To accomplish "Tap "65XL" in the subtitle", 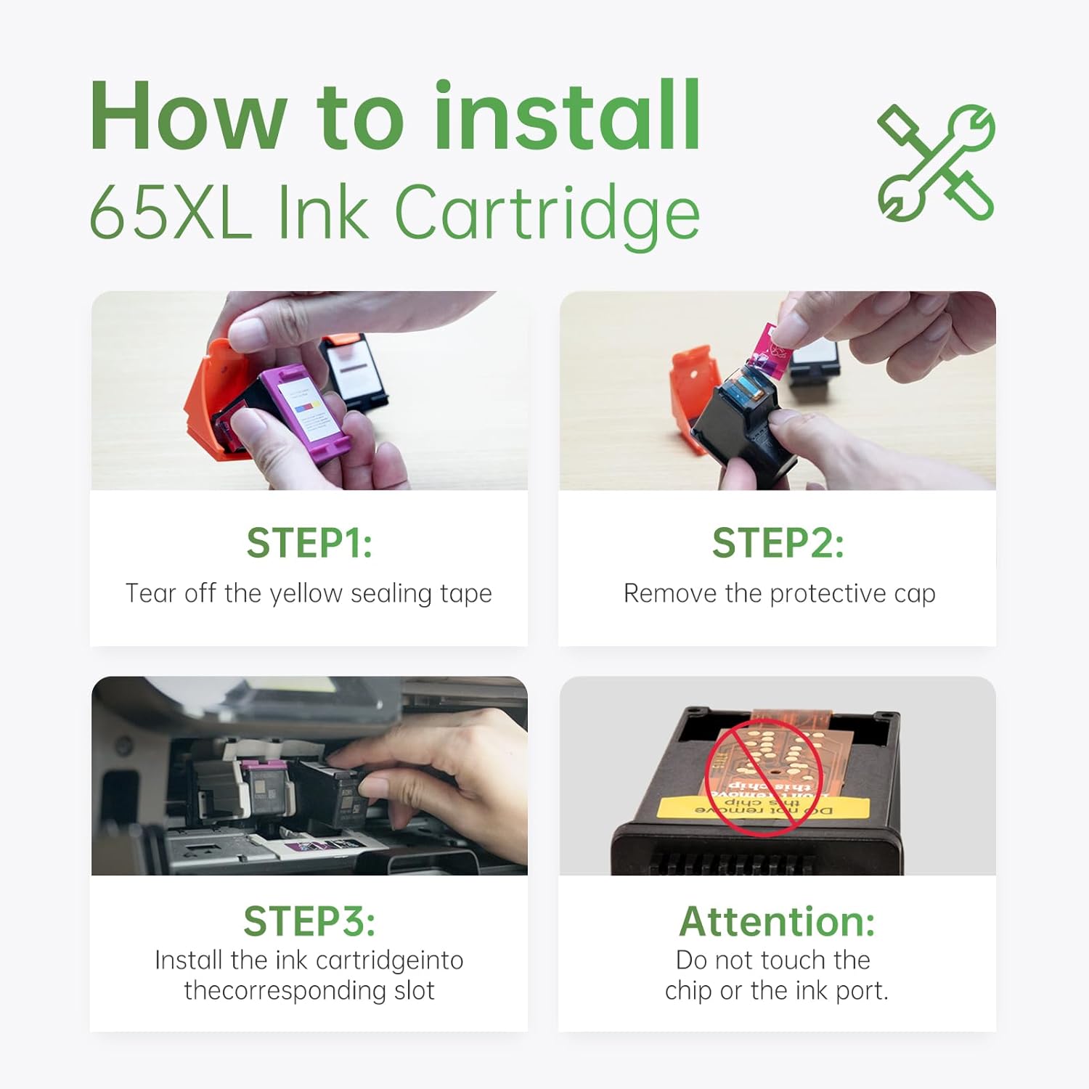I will point(171,212).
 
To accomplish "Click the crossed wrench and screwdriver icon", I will point(936,163).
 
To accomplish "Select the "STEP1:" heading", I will point(309,543).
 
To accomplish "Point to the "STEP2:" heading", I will point(778,543).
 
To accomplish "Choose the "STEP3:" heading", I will point(309,921).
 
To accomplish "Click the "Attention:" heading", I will point(777,921).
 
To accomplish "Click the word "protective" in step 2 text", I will point(828,594).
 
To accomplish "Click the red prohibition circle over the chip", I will point(764,777).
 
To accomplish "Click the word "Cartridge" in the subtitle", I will point(547,212).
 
